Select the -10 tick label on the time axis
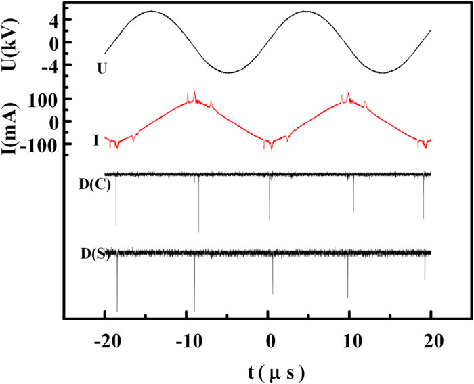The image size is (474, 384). pyautogui.click(x=186, y=340)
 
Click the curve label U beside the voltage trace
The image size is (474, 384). pyautogui.click(x=101, y=68)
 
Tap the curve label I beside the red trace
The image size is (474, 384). pyautogui.click(x=98, y=141)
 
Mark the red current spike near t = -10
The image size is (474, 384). pyautogui.click(x=194, y=93)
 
